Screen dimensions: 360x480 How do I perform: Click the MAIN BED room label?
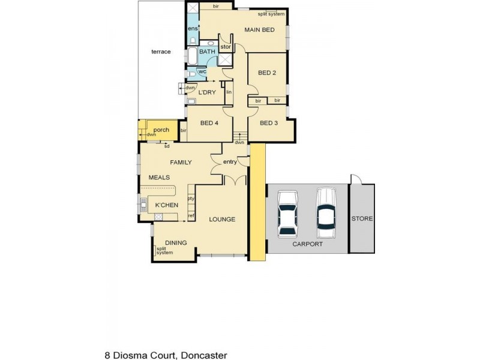click(x=259, y=29)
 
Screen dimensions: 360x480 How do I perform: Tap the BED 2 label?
click(x=266, y=73)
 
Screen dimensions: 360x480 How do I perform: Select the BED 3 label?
click(x=268, y=123)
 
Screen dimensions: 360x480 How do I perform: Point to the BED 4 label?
click(x=208, y=123)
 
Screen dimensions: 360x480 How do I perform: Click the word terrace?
click(x=161, y=52)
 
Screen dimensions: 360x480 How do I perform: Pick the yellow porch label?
click(x=161, y=130)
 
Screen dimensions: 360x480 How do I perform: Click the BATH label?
click(x=207, y=52)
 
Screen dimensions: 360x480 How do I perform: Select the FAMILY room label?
click(x=181, y=162)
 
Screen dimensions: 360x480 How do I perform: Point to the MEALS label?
click(x=159, y=178)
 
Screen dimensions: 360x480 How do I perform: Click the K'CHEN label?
click(x=166, y=205)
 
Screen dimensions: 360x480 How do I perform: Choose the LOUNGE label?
click(x=221, y=219)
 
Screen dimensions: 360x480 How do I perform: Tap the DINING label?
click(x=176, y=242)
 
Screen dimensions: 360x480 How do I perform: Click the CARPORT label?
click(x=308, y=244)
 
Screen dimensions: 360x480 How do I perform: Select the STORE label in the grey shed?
click(x=362, y=218)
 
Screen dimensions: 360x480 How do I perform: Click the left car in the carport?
click(x=288, y=213)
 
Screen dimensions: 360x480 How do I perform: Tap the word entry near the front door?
click(x=230, y=162)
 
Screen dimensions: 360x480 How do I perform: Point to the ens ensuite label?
click(x=192, y=29)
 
